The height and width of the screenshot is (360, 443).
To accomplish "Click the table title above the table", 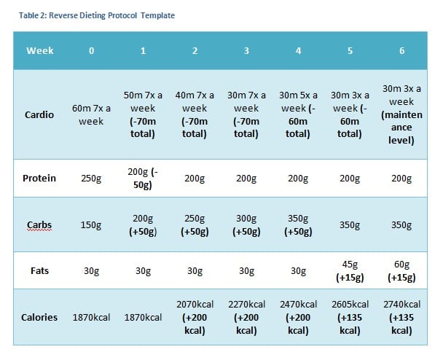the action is point(97,15).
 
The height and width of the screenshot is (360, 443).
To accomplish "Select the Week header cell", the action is point(40,50).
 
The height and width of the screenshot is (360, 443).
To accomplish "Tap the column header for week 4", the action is point(298,50).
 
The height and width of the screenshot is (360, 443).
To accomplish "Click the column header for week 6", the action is point(401,50).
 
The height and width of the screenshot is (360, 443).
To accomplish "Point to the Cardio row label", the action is point(39,114).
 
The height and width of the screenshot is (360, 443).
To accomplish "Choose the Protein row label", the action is point(39,178).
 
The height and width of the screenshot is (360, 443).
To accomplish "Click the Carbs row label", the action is point(39,224).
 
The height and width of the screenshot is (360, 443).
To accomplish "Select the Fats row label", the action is point(39,270).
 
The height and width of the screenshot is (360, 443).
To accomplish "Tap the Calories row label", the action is point(39,317).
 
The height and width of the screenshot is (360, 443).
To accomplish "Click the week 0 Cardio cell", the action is point(91,114).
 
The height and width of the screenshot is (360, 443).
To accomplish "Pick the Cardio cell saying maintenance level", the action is point(401,114).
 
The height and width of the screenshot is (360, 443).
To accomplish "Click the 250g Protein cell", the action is point(91,179).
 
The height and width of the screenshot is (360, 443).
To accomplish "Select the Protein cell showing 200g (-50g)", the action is point(143,179).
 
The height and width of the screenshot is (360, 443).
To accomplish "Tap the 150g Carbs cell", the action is point(91,225).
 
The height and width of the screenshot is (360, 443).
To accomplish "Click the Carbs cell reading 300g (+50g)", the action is point(246,225).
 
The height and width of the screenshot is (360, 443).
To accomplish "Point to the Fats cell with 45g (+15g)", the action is point(350,270).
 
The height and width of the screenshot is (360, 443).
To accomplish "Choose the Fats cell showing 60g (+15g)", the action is point(401,270).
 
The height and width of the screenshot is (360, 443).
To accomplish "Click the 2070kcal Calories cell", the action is point(195,317).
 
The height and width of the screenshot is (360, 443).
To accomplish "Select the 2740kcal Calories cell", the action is point(401,317).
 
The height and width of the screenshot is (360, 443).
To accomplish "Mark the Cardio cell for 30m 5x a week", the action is point(298,114).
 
